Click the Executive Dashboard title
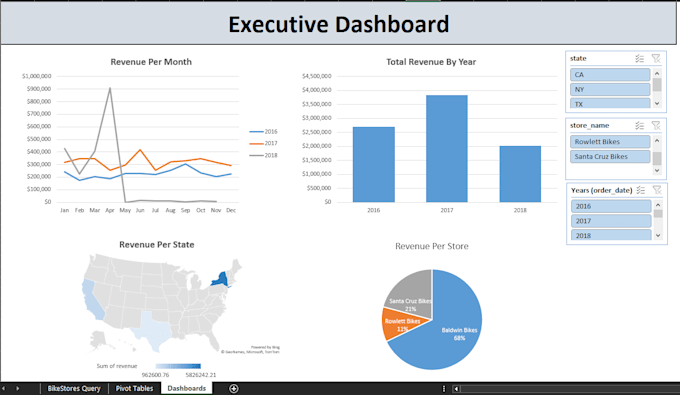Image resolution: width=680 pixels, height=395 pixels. [x=339, y=24]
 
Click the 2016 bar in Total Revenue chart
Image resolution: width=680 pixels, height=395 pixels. [x=373, y=164]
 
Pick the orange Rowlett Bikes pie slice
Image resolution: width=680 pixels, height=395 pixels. [x=398, y=324]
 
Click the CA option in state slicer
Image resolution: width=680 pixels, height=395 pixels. [x=610, y=75]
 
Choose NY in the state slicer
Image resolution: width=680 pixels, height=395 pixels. [x=610, y=89]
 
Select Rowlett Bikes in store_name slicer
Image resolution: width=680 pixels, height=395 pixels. [x=610, y=141]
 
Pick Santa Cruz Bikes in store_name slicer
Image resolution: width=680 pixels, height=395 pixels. [x=610, y=157]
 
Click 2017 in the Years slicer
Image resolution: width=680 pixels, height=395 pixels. [x=610, y=221]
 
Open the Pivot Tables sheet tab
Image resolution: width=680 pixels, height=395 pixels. [x=134, y=388]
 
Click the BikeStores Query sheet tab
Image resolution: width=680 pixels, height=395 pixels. [x=74, y=388]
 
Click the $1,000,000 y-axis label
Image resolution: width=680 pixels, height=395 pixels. [x=36, y=75]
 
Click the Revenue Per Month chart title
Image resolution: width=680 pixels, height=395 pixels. [x=151, y=62]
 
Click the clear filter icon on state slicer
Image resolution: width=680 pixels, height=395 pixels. [x=656, y=58]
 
